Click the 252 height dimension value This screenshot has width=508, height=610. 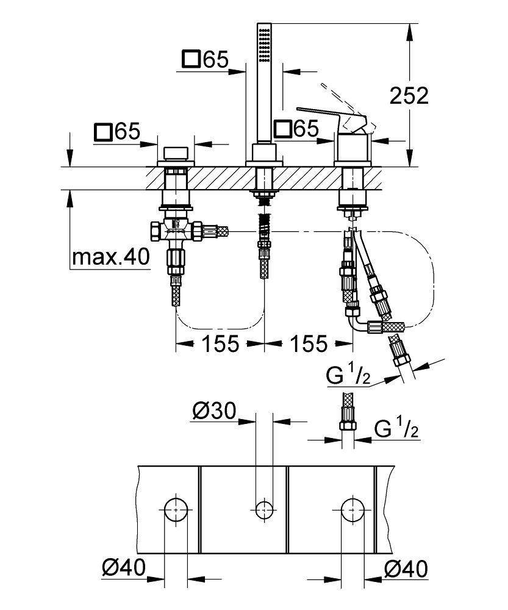pos(410,96)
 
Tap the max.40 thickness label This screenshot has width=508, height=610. pos(110,257)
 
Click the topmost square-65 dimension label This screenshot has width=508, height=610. pos(205,60)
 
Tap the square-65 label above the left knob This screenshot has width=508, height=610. pos(118,131)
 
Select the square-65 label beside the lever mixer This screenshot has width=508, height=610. pos(296,129)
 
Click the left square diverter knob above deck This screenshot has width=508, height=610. pos(176,152)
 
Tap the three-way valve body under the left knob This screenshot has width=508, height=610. pos(176,230)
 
